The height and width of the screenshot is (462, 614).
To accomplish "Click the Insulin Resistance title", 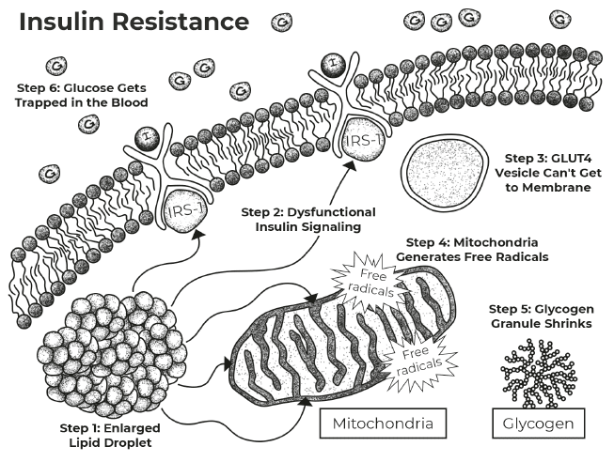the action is [134, 22].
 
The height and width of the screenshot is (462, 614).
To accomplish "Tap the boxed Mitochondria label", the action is [383, 423].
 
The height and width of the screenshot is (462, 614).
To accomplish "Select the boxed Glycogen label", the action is [538, 423].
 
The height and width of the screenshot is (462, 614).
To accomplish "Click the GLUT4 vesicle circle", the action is [445, 172].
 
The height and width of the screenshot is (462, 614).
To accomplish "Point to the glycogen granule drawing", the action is [539, 373].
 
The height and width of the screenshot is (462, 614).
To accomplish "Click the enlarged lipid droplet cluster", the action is [112, 356].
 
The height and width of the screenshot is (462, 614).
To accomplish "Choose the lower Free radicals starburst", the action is [419, 360].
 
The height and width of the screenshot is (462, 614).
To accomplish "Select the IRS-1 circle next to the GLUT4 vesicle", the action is [363, 141].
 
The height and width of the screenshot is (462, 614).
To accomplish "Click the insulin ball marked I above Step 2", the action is [333, 65].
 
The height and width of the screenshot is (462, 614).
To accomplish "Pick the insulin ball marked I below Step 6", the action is [147, 138].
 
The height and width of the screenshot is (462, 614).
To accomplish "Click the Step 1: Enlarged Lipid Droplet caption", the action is [110, 436].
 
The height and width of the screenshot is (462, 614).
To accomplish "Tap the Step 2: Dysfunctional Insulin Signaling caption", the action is [308, 220].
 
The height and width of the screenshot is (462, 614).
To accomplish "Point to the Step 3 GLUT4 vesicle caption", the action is [548, 173].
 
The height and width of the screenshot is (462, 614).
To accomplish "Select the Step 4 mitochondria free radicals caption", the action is [472, 250].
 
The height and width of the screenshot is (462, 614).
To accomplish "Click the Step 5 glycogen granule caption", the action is [542, 316].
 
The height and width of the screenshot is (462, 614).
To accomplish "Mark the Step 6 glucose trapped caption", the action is [82, 96].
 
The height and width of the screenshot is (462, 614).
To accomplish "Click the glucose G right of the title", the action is [281, 23].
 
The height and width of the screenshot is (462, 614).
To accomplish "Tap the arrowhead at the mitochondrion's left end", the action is [228, 363].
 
